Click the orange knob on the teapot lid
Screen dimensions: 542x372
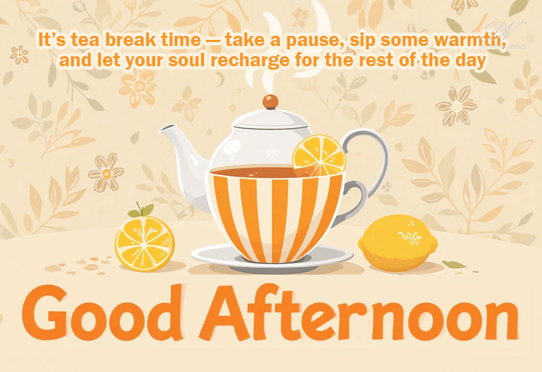click(270, 101)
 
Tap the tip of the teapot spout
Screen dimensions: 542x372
click(160, 130)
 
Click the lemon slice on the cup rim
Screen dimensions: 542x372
click(318, 156)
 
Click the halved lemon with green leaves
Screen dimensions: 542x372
click(144, 243)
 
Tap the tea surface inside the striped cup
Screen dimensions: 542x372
click(252, 172)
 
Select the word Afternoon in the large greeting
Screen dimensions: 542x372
click(359, 312)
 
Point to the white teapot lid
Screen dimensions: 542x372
click(270, 118)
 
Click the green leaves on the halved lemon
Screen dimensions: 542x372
click(142, 210)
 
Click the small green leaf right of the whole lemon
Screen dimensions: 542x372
click(453, 264)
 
